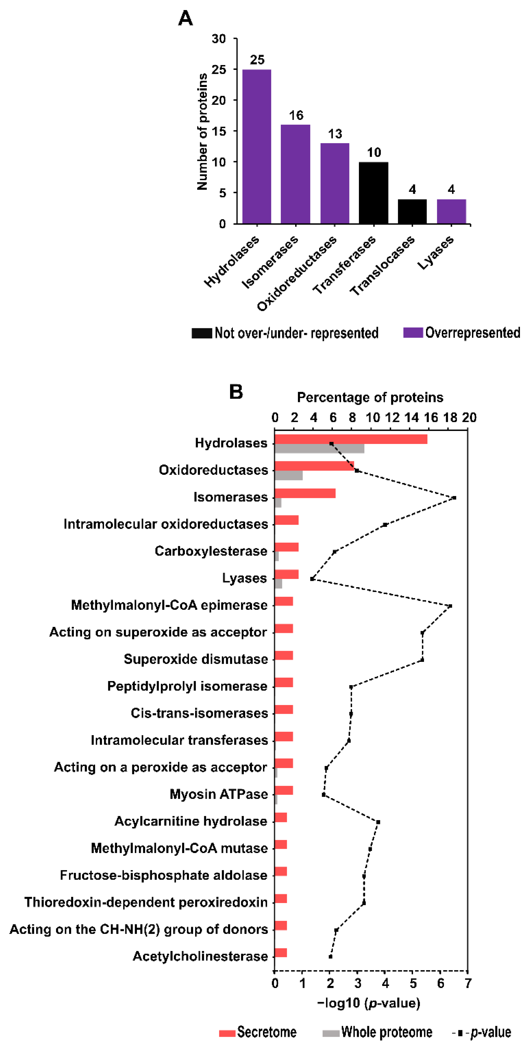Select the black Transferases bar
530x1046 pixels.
pos(373,193)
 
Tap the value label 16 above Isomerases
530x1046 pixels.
pos(296,115)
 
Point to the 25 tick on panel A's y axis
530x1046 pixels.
pos(219,69)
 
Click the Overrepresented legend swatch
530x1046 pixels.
pos(413,333)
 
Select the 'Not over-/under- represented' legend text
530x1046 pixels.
pos(296,333)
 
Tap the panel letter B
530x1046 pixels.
pos(236,392)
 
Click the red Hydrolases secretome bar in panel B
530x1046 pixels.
pos(351,439)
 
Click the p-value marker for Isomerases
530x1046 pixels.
pos(454,497)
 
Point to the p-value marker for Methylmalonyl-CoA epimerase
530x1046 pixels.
pos(450,606)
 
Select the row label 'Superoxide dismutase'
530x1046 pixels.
pos(196,659)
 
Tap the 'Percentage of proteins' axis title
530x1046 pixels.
pos(370,397)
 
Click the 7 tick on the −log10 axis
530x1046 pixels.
pos(468,983)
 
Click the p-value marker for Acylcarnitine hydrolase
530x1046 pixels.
pos(378,822)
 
